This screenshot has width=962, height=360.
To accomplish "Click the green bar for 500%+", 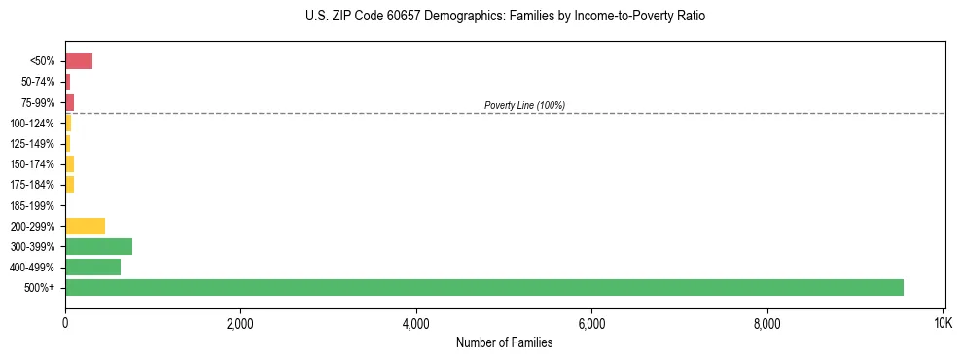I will pyautogui.click(x=483, y=287).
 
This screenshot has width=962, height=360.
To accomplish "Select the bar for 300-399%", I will pyautogui.click(x=98, y=246).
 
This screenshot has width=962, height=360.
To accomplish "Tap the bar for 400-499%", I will pyautogui.click(x=92, y=267).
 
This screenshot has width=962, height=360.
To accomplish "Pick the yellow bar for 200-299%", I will pyautogui.click(x=85, y=226).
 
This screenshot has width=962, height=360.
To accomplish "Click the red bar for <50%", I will pyautogui.click(x=79, y=61).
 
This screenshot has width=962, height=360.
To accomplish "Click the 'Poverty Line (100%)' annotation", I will pyautogui.click(x=524, y=105).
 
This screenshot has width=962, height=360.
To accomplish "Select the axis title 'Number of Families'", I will pyautogui.click(x=505, y=342).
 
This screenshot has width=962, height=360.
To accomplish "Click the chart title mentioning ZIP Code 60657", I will pyautogui.click(x=505, y=17).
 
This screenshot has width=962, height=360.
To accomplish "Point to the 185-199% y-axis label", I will pyautogui.click(x=32, y=205).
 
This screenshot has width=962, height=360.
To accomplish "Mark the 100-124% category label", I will pyautogui.click(x=32, y=123).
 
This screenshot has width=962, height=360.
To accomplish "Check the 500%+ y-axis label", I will pyautogui.click(x=40, y=288).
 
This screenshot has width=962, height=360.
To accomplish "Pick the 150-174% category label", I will pyautogui.click(x=32, y=164).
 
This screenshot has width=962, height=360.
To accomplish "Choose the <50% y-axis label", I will pyautogui.click(x=42, y=61).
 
